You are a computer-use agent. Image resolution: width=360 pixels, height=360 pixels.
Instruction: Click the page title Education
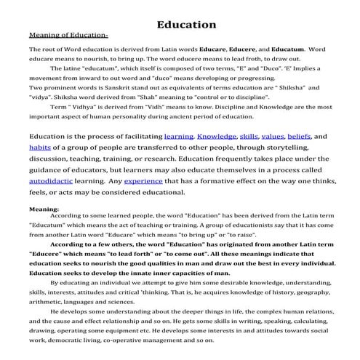click(x=186, y=25)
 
